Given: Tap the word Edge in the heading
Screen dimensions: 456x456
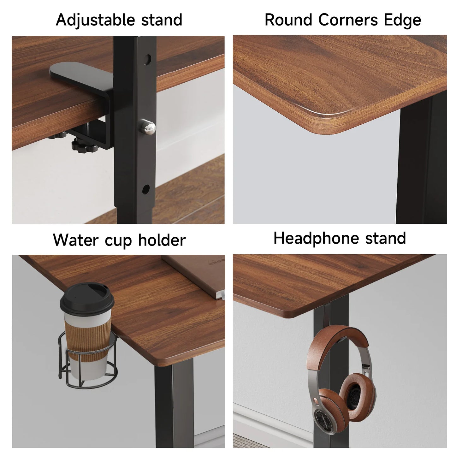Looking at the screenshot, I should tap(402, 20).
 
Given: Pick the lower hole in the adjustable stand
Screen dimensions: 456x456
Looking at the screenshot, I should tap(146, 189).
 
